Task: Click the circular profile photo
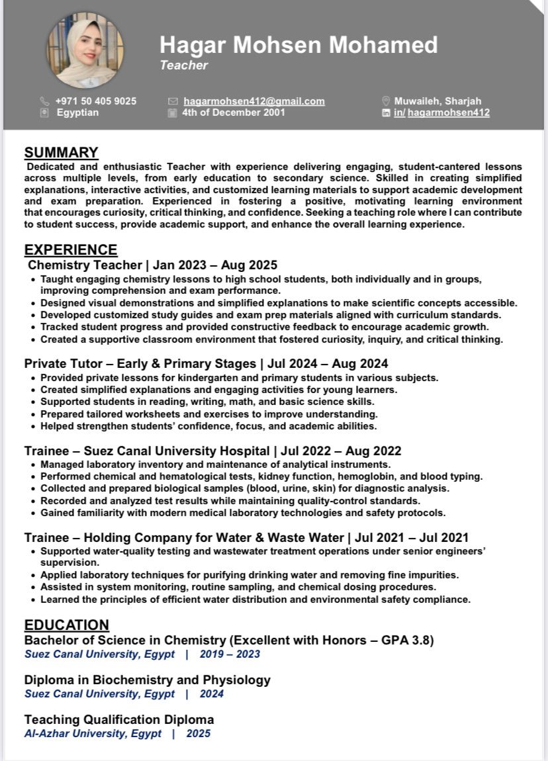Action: coord(85,50)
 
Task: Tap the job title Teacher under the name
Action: coord(183,65)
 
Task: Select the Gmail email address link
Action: coord(254,101)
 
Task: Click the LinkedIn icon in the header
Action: coord(387,113)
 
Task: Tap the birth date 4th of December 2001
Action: coord(234,112)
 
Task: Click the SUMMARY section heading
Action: coord(61,153)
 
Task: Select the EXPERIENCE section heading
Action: coord(71,250)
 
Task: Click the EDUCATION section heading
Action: coord(67,625)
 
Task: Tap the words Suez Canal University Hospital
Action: coord(177,451)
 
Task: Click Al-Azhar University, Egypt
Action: coord(93,733)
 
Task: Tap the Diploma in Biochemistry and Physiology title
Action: coord(148,680)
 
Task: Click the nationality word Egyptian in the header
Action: coord(77,112)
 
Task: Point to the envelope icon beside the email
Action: coord(173,101)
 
